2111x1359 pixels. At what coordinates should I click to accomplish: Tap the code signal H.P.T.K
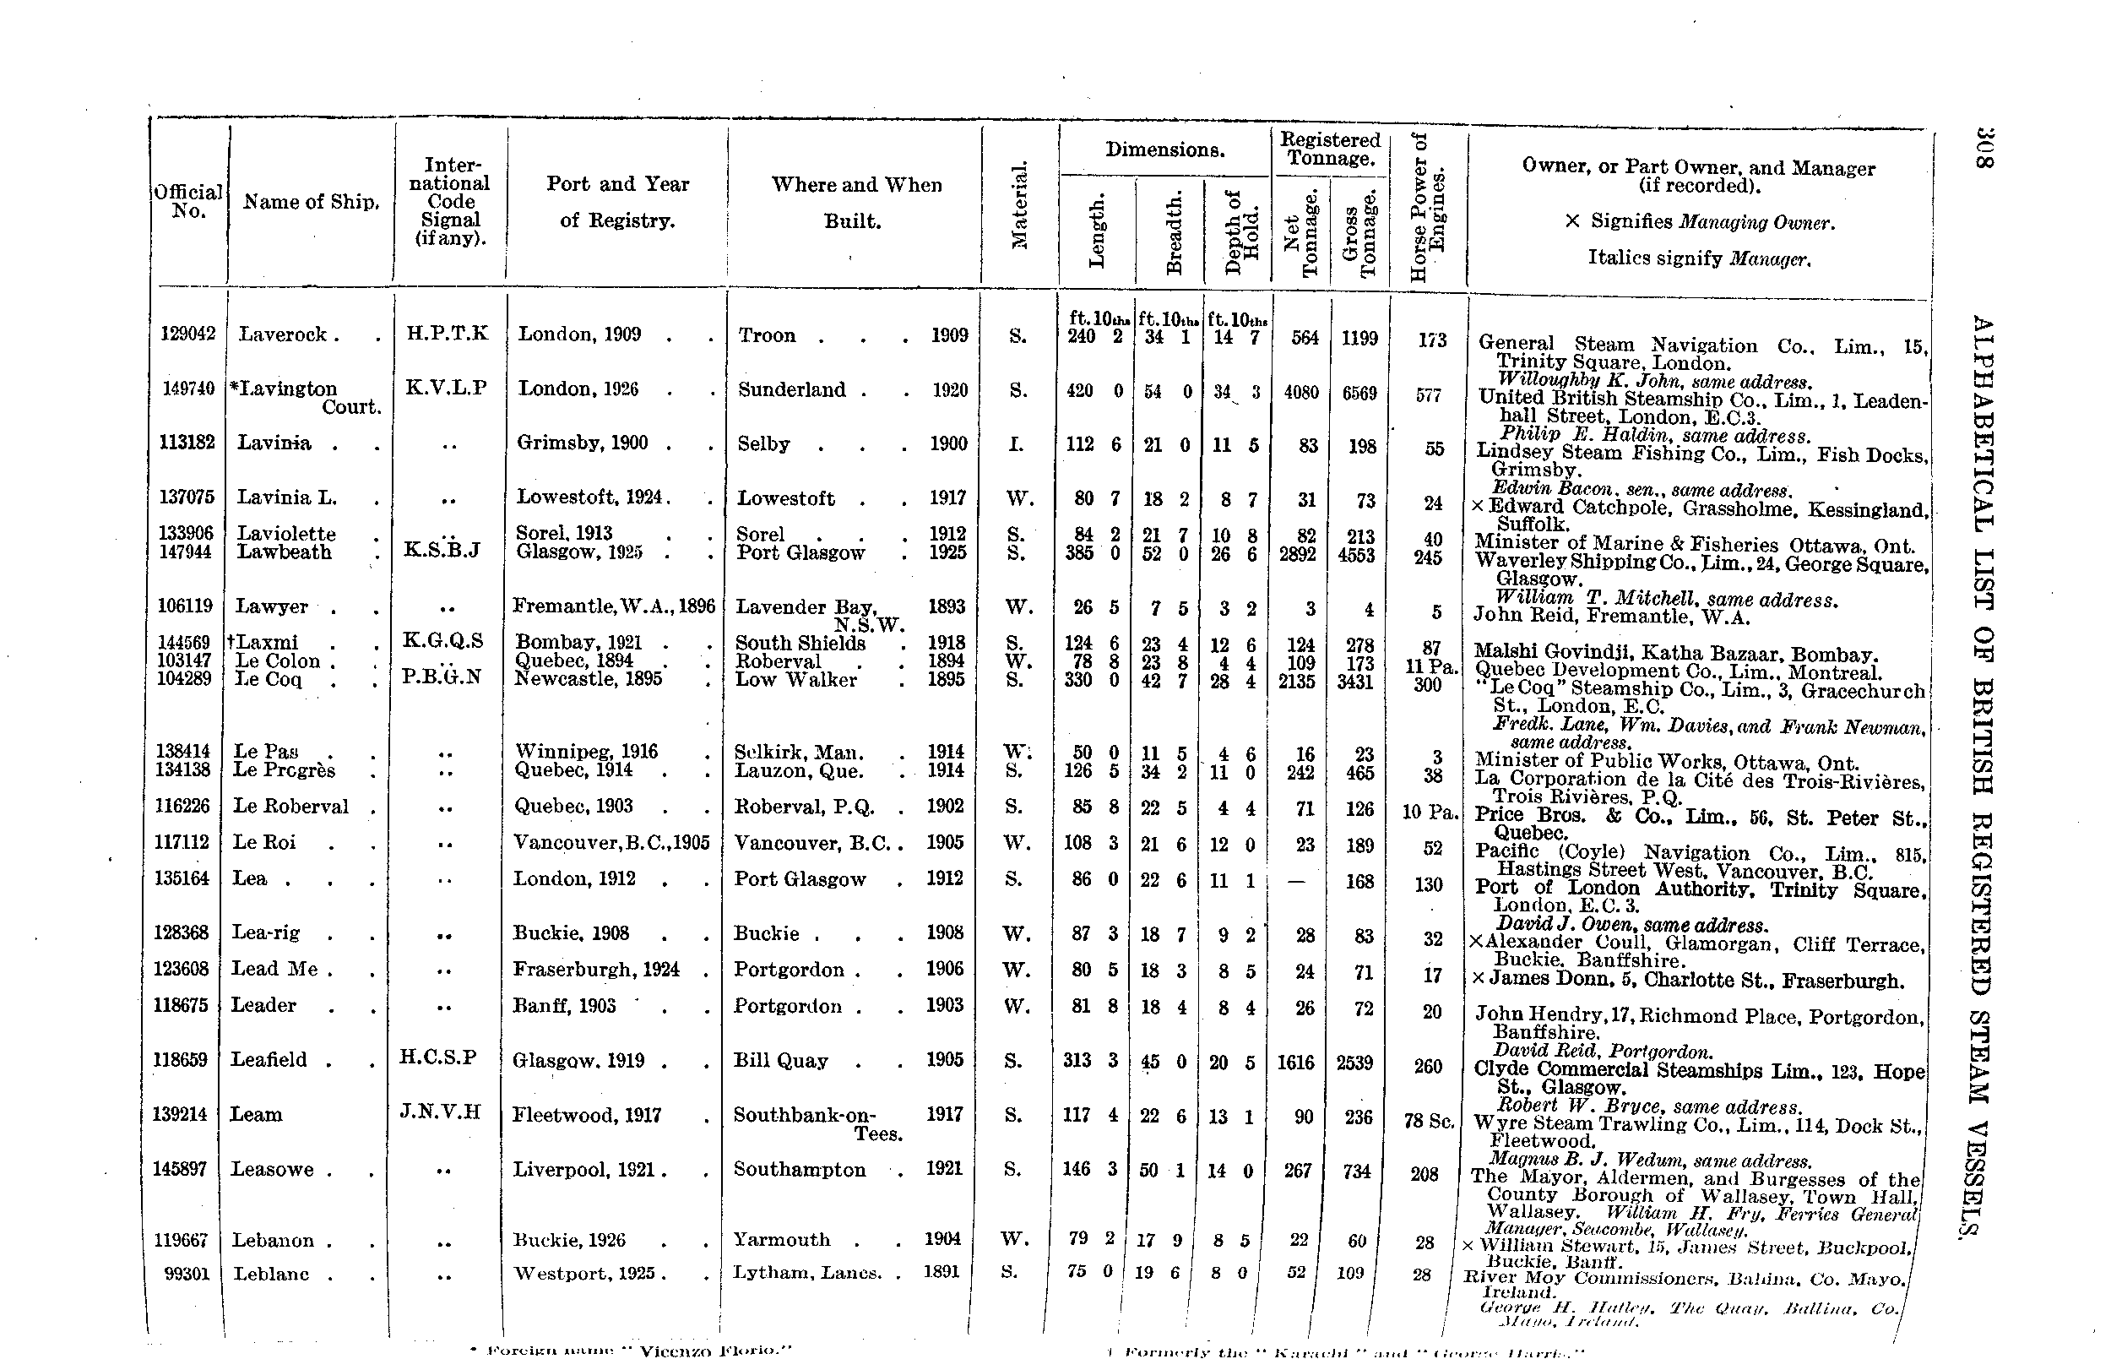click(x=447, y=334)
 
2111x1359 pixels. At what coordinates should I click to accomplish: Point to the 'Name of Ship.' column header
click(x=312, y=202)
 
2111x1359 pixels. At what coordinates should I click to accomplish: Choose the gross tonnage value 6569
click(x=1359, y=393)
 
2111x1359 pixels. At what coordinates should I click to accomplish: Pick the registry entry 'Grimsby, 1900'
click(x=583, y=443)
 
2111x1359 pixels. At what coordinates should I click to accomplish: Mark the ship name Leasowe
click(x=272, y=1169)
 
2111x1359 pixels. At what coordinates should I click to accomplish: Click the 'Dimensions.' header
click(x=1164, y=150)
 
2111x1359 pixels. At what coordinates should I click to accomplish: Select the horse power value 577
click(x=1428, y=395)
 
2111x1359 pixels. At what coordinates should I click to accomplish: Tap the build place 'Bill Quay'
click(x=781, y=1061)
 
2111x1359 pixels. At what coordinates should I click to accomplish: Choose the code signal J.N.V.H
click(x=440, y=1111)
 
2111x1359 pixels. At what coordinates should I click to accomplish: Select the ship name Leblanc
click(x=271, y=1275)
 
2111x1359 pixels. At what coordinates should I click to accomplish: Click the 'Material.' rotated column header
click(x=1019, y=204)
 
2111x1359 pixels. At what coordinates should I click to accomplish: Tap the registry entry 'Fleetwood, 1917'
click(x=587, y=1116)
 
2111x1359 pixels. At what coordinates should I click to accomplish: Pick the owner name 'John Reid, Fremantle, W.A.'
click(x=1611, y=617)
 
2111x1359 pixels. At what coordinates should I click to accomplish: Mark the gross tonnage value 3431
click(x=1356, y=682)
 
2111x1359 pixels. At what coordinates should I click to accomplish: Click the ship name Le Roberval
click(x=290, y=807)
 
